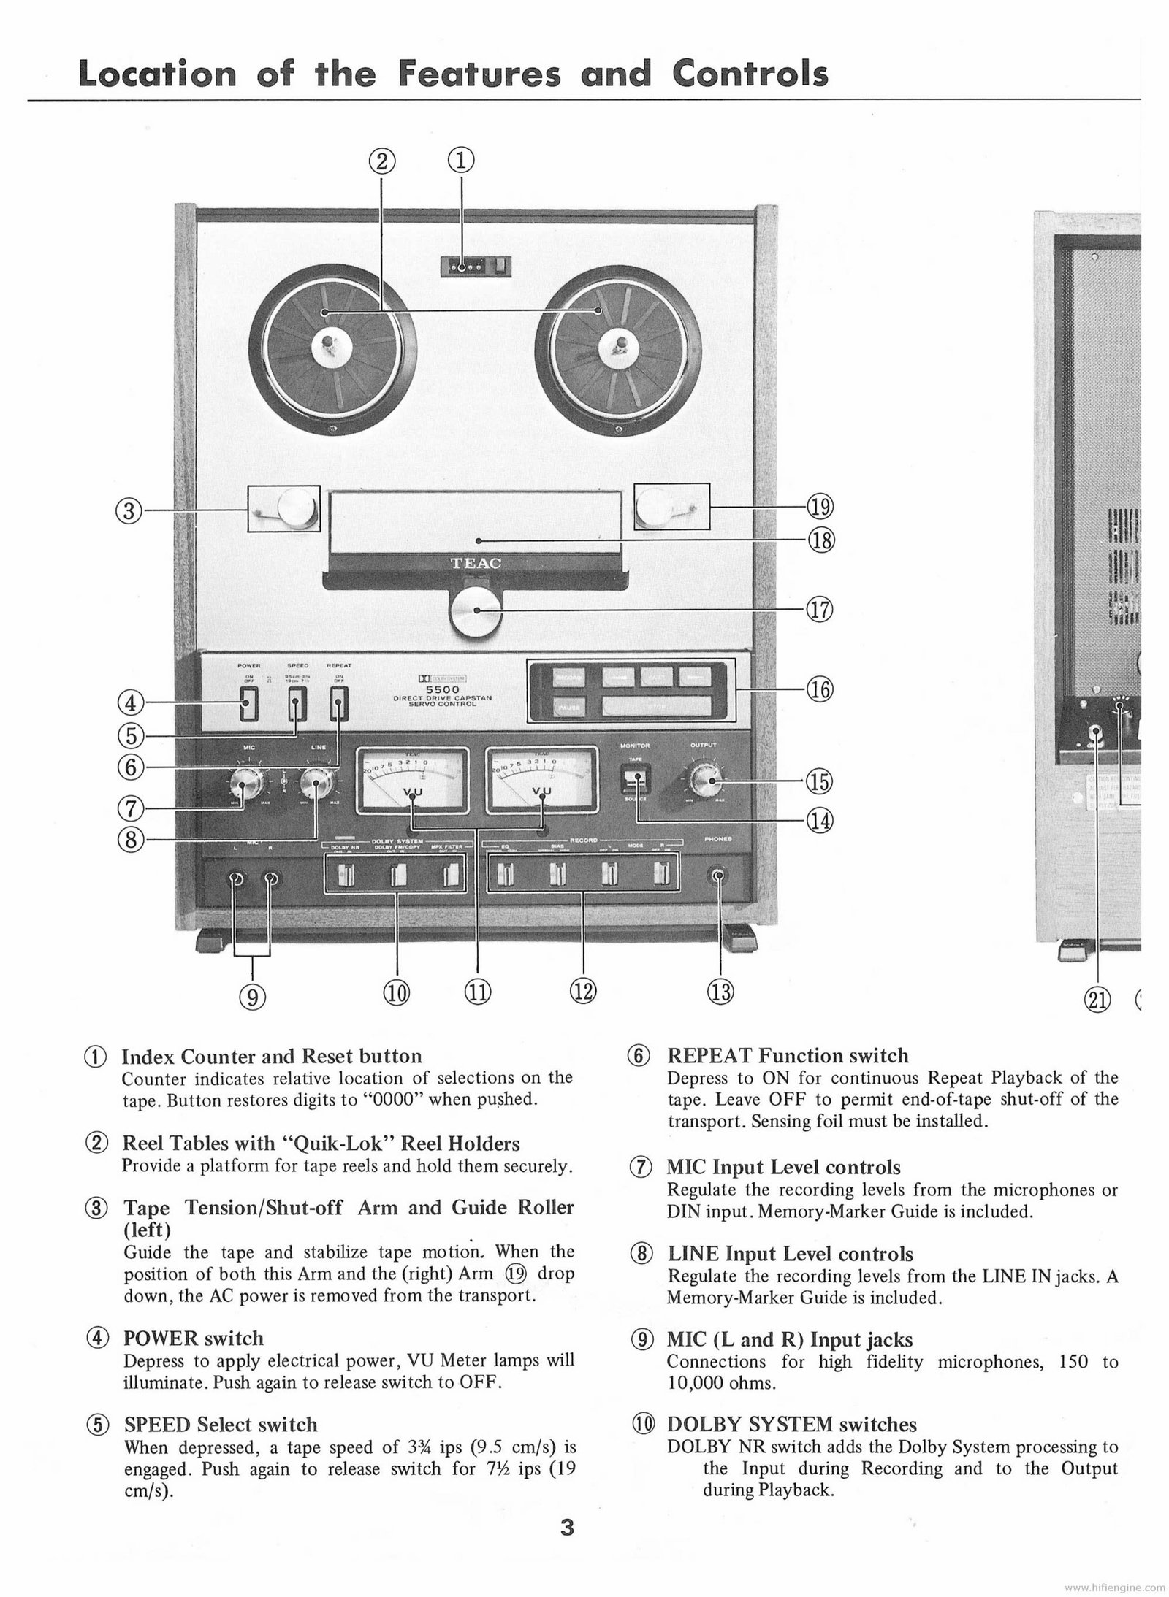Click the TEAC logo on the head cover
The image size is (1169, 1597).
tap(476, 563)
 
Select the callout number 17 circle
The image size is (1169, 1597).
tap(819, 610)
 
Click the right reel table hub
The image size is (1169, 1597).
tap(619, 343)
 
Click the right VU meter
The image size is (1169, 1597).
tap(541, 780)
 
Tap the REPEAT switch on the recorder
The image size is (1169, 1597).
tap(339, 706)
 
